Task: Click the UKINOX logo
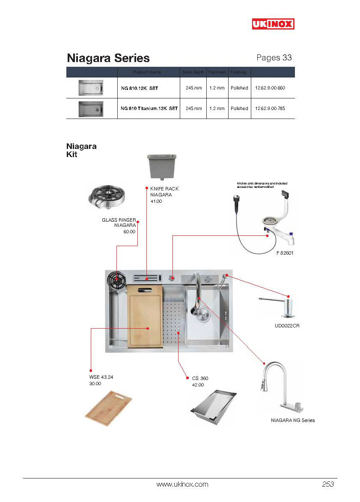[x=273, y=24]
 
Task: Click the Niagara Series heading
[x=108, y=58]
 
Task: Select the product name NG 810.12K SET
[x=140, y=88]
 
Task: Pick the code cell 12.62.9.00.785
[x=270, y=109]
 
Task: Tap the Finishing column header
[x=238, y=72]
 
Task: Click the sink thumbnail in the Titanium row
[x=91, y=109]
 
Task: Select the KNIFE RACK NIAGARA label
[x=164, y=192]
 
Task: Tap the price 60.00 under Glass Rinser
[x=129, y=232]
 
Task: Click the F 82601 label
[x=285, y=253]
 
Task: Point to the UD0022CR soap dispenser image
[x=277, y=306]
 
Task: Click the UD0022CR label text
[x=287, y=326]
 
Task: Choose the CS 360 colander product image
[x=213, y=407]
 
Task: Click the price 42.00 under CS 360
[x=198, y=385]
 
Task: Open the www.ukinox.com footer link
[x=182, y=484]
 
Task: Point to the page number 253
[x=327, y=484]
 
